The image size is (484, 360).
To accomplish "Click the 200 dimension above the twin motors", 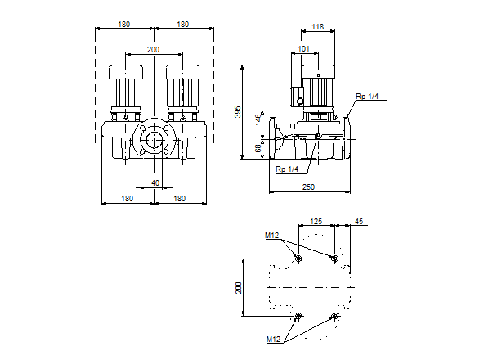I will (153, 50).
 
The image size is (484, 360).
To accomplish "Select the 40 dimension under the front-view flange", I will (155, 182).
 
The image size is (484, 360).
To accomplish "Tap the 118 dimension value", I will (318, 27).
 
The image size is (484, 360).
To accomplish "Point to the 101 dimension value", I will (304, 48).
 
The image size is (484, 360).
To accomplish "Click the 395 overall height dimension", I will (238, 111).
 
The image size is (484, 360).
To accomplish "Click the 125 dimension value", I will (316, 222).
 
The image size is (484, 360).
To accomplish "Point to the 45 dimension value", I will (359, 222).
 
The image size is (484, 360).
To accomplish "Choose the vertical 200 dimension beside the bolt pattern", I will (239, 287).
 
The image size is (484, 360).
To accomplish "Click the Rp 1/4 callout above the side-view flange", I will (367, 97).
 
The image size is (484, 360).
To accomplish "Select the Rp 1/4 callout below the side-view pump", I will (287, 169).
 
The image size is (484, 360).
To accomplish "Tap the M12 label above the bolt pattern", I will (271, 236).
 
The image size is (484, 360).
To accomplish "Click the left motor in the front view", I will (127, 87).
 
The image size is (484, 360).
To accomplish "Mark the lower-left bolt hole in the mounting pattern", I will (298, 316).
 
